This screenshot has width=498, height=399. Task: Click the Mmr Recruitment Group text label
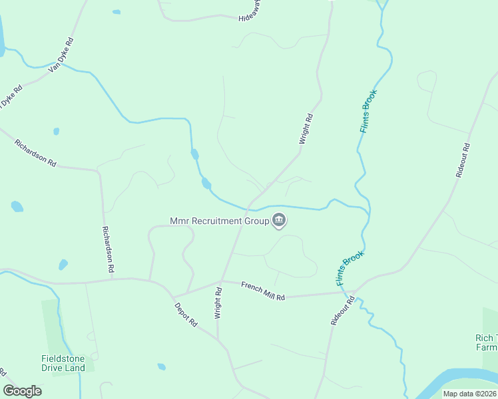218,220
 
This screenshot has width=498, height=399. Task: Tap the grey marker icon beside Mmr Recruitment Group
279,220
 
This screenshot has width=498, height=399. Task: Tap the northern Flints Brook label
369,110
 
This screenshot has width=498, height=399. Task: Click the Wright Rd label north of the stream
306,129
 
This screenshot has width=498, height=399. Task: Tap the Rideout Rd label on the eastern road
463,160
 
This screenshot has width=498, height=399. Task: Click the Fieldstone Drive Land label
63,363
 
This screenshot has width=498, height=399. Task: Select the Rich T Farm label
486,342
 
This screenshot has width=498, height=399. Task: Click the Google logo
22,391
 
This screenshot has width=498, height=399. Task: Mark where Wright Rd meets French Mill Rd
221,281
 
